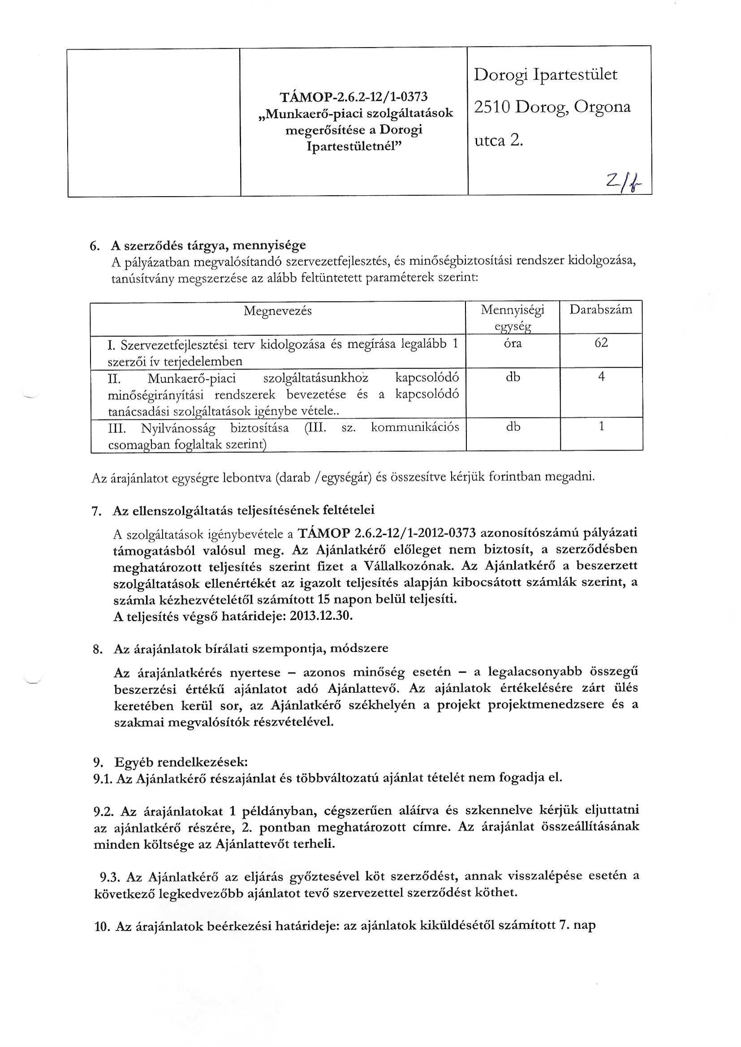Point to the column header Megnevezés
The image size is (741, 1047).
(277, 311)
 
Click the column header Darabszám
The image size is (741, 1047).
(601, 310)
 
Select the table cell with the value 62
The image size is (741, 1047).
(601, 343)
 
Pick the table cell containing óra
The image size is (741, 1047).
(513, 343)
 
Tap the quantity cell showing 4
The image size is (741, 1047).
(601, 377)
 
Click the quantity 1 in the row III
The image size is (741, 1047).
(601, 426)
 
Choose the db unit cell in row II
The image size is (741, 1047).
(513, 378)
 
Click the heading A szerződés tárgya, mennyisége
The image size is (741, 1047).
(208, 245)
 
